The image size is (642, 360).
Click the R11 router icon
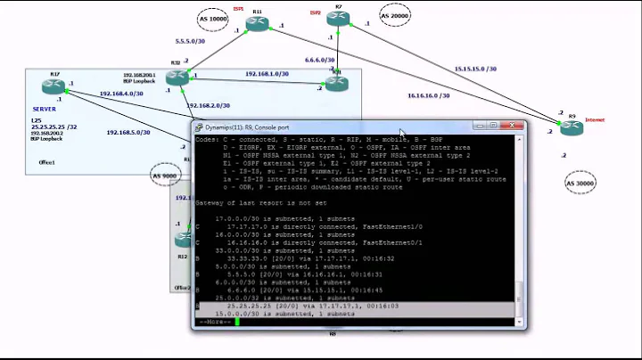(258, 24)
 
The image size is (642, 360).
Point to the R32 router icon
(177, 77)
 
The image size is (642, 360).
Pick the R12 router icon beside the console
(184, 240)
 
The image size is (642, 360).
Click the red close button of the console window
(515, 127)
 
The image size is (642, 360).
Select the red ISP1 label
(238, 8)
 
